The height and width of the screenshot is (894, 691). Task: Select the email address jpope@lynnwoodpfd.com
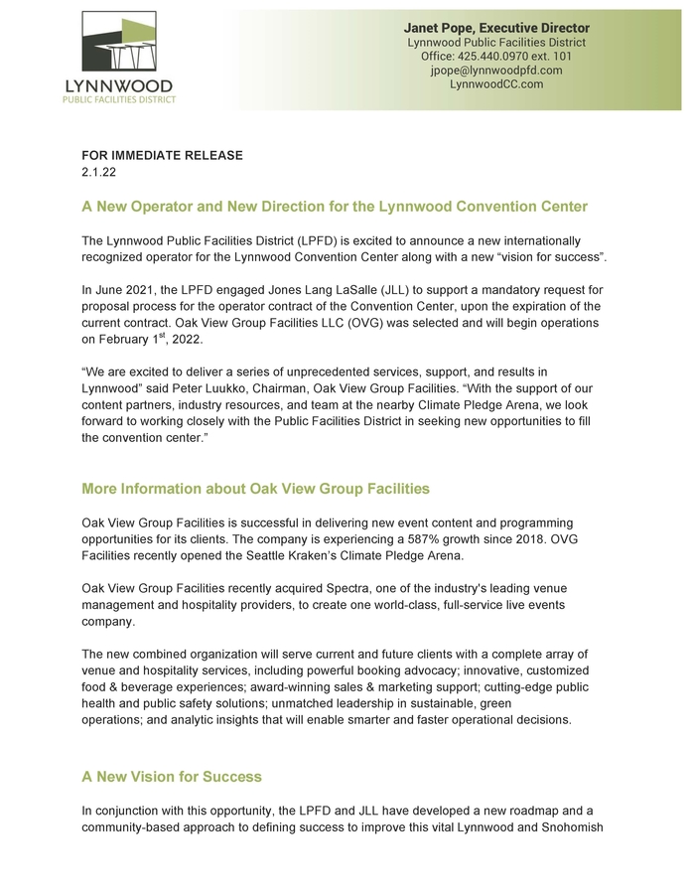(x=496, y=71)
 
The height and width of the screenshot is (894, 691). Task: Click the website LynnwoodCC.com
(x=496, y=84)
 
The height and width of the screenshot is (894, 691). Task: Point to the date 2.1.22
(x=97, y=172)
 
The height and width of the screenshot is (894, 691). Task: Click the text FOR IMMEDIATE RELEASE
(x=162, y=156)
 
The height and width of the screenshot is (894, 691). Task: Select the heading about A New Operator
(x=335, y=207)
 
